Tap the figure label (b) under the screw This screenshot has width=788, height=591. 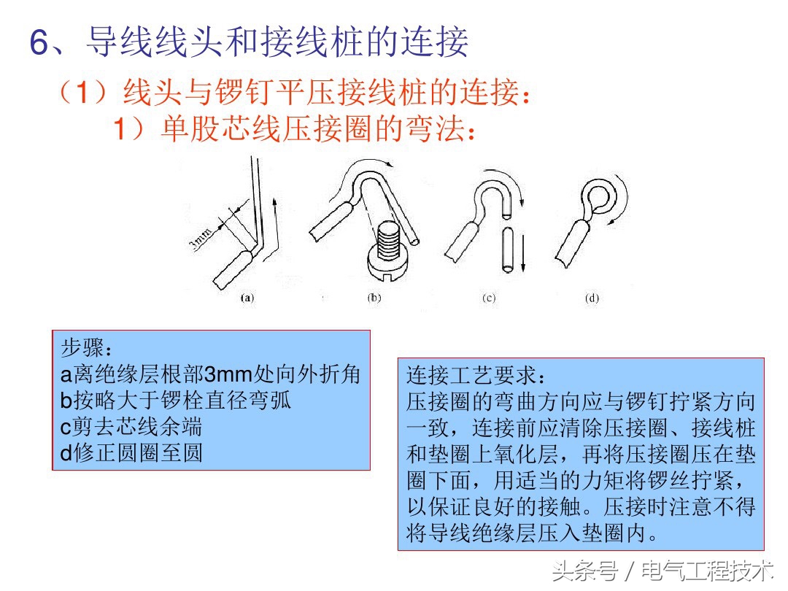pos(374,298)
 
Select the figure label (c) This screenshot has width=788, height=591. pos(488,298)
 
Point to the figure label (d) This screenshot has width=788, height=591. pos(592,298)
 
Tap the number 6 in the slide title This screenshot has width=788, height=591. pos(39,44)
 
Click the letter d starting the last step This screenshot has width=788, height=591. pos(66,453)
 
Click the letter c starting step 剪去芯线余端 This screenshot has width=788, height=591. pos(65,427)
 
